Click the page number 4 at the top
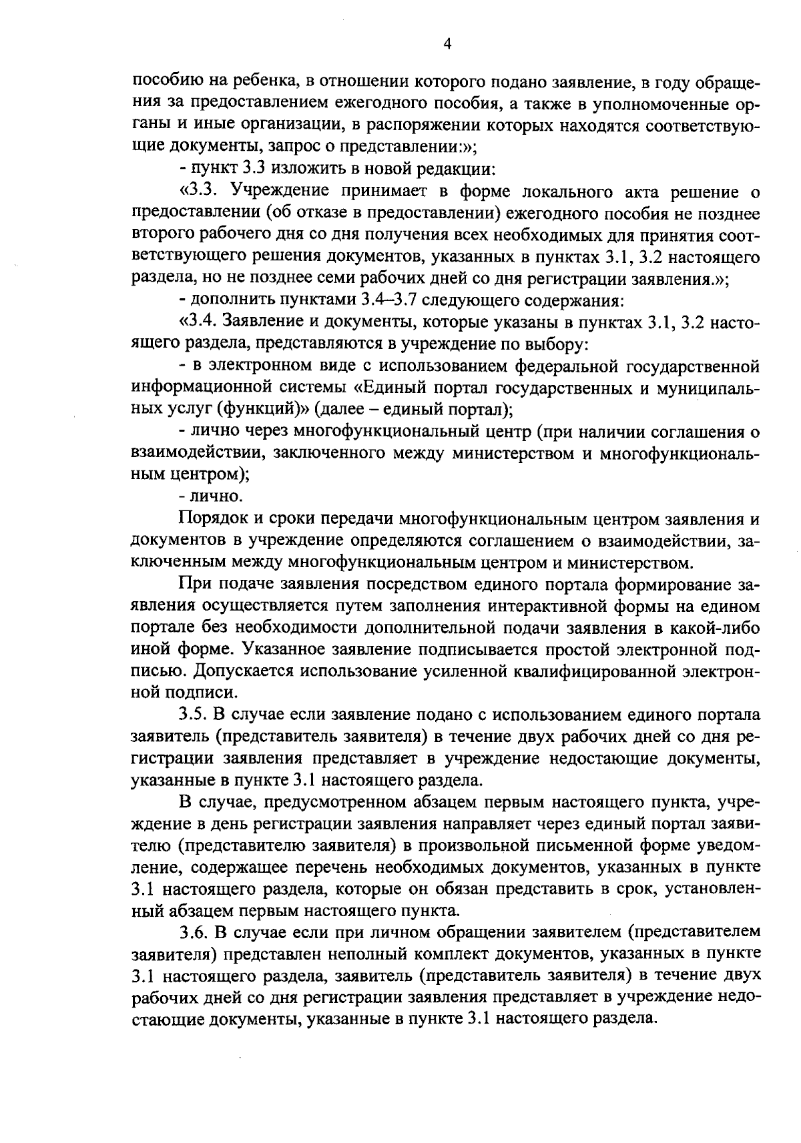pyautogui.click(x=448, y=44)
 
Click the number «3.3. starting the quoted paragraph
pyautogui.click(x=200, y=192)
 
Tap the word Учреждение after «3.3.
pyautogui.click(x=280, y=192)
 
